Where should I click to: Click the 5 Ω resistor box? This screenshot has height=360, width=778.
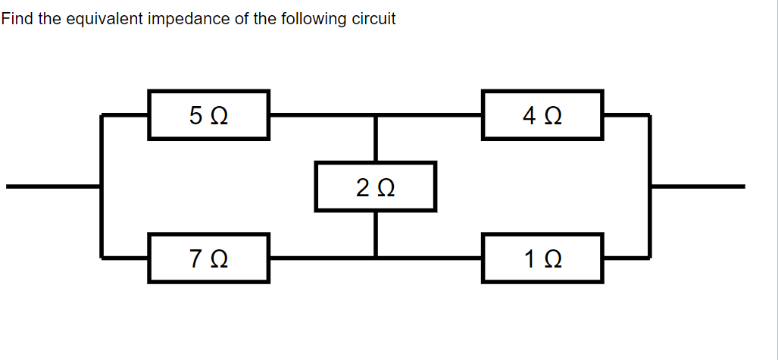(208, 115)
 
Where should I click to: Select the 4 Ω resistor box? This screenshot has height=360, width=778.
(542, 115)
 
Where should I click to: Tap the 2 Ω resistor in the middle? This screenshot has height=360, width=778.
(376, 186)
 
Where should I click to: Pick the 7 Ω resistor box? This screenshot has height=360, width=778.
(208, 258)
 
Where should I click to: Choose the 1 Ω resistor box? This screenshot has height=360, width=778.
(542, 258)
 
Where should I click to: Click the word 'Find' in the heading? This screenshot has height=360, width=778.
(17, 19)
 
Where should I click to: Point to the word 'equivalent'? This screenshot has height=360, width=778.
(104, 19)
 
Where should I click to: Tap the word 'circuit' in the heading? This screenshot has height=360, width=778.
(374, 19)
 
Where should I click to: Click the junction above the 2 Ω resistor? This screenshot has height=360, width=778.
(376, 115)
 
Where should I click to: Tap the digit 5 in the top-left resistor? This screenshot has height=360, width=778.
(196, 116)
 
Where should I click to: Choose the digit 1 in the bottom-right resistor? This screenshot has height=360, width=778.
(530, 259)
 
